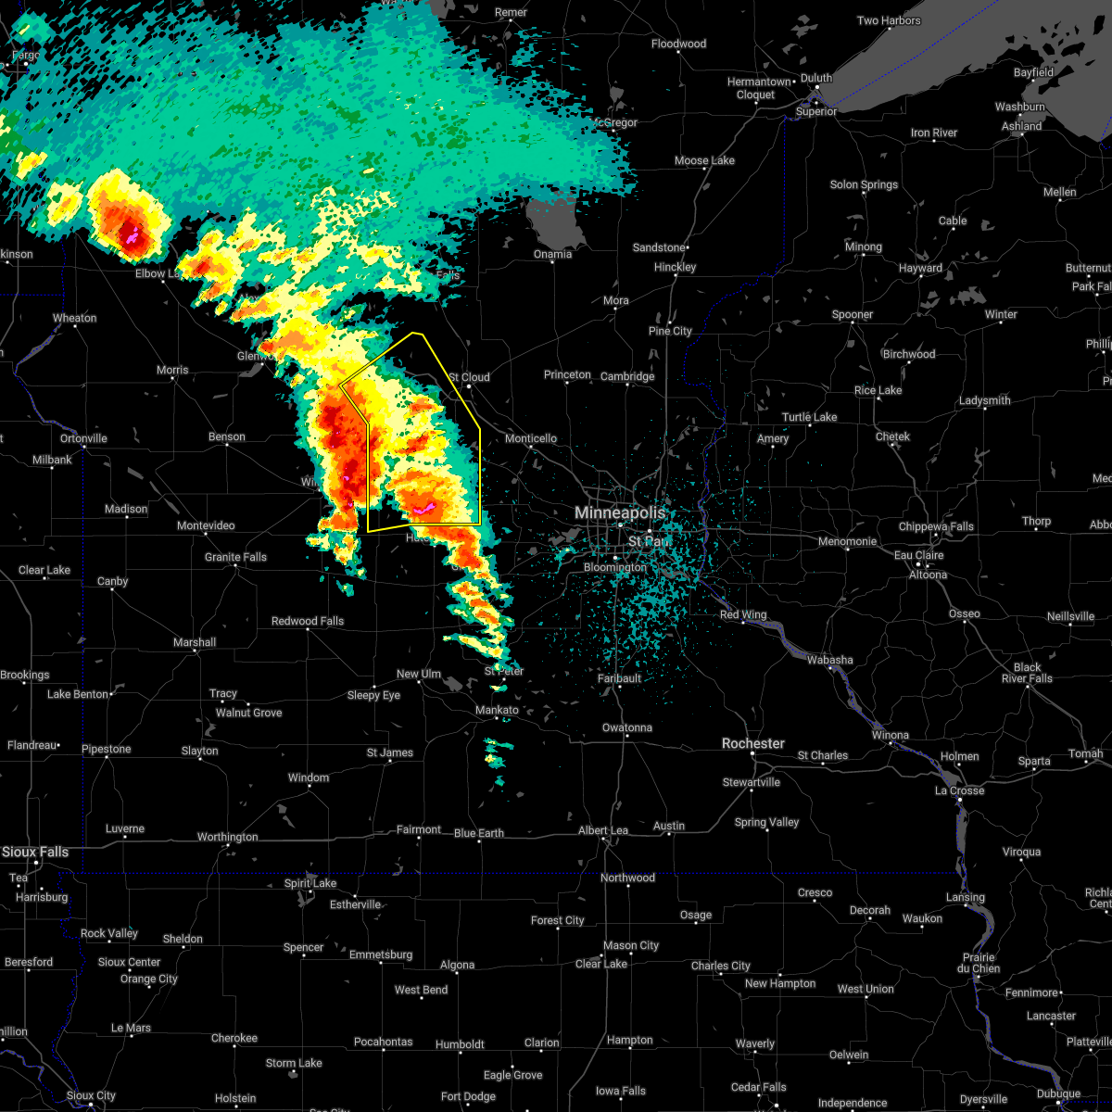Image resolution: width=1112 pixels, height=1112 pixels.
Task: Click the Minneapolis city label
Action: coord(620,512)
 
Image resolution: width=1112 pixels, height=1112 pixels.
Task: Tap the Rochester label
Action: coord(753,743)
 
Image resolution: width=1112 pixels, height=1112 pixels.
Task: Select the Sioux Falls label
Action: coord(35,852)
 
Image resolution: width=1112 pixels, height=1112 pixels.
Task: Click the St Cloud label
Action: coord(469,377)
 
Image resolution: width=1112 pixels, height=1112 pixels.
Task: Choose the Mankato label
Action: coord(497,710)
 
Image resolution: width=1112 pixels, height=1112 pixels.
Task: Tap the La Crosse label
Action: coord(959,790)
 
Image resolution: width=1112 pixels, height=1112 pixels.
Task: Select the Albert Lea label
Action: coord(603,830)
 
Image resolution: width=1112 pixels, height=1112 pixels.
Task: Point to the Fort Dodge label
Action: coord(468,1096)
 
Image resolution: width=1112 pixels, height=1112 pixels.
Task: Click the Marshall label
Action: coord(195,642)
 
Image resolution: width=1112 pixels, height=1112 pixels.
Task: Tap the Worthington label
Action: coord(227,837)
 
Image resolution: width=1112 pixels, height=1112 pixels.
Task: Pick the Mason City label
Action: coord(631,945)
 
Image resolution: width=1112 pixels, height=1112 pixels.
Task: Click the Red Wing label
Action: coord(743,614)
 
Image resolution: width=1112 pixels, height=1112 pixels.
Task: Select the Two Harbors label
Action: coord(889,20)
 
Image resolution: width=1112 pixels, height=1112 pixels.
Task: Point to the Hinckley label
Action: coord(675,267)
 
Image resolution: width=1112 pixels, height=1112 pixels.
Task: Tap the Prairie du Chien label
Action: coord(979,963)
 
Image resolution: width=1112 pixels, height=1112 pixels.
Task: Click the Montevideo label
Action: coord(206,525)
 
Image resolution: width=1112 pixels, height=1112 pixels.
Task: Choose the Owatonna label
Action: coord(627,727)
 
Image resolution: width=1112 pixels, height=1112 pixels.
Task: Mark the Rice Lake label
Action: coord(878,390)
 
